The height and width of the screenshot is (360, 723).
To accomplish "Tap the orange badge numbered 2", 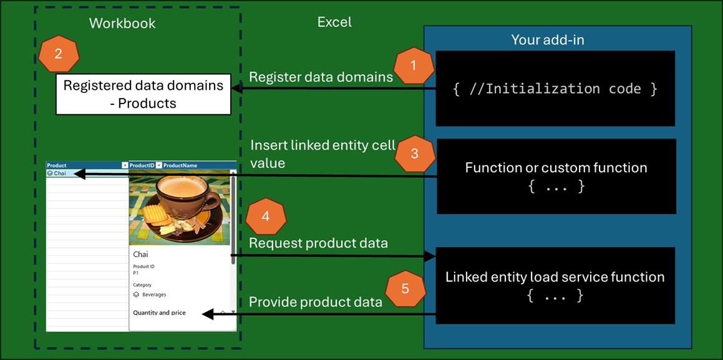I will [x=58, y=54].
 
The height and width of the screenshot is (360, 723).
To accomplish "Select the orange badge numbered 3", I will [x=415, y=153].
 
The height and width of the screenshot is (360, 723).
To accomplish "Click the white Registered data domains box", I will [x=143, y=94].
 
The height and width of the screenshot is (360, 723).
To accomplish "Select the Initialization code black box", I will [x=555, y=89].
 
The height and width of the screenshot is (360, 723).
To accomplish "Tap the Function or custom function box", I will [x=556, y=176].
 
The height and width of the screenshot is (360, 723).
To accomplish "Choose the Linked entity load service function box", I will [x=555, y=285].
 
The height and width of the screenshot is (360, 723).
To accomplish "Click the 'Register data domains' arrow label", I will [x=321, y=77].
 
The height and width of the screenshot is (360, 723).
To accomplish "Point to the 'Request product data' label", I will [x=318, y=243].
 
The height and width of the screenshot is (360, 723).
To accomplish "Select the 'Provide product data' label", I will [x=315, y=302].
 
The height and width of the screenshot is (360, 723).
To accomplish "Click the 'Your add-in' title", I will [x=547, y=40].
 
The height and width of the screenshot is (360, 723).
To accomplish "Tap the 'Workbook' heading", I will [x=122, y=24].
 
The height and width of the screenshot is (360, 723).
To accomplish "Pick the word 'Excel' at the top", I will [x=334, y=22].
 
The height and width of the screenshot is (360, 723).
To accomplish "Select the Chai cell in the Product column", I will [x=60, y=173].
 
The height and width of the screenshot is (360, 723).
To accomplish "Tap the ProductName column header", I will [x=180, y=165].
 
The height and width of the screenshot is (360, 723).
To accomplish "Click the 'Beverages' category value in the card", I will [x=154, y=294].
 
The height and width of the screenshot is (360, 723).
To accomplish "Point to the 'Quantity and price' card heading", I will [x=159, y=313].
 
